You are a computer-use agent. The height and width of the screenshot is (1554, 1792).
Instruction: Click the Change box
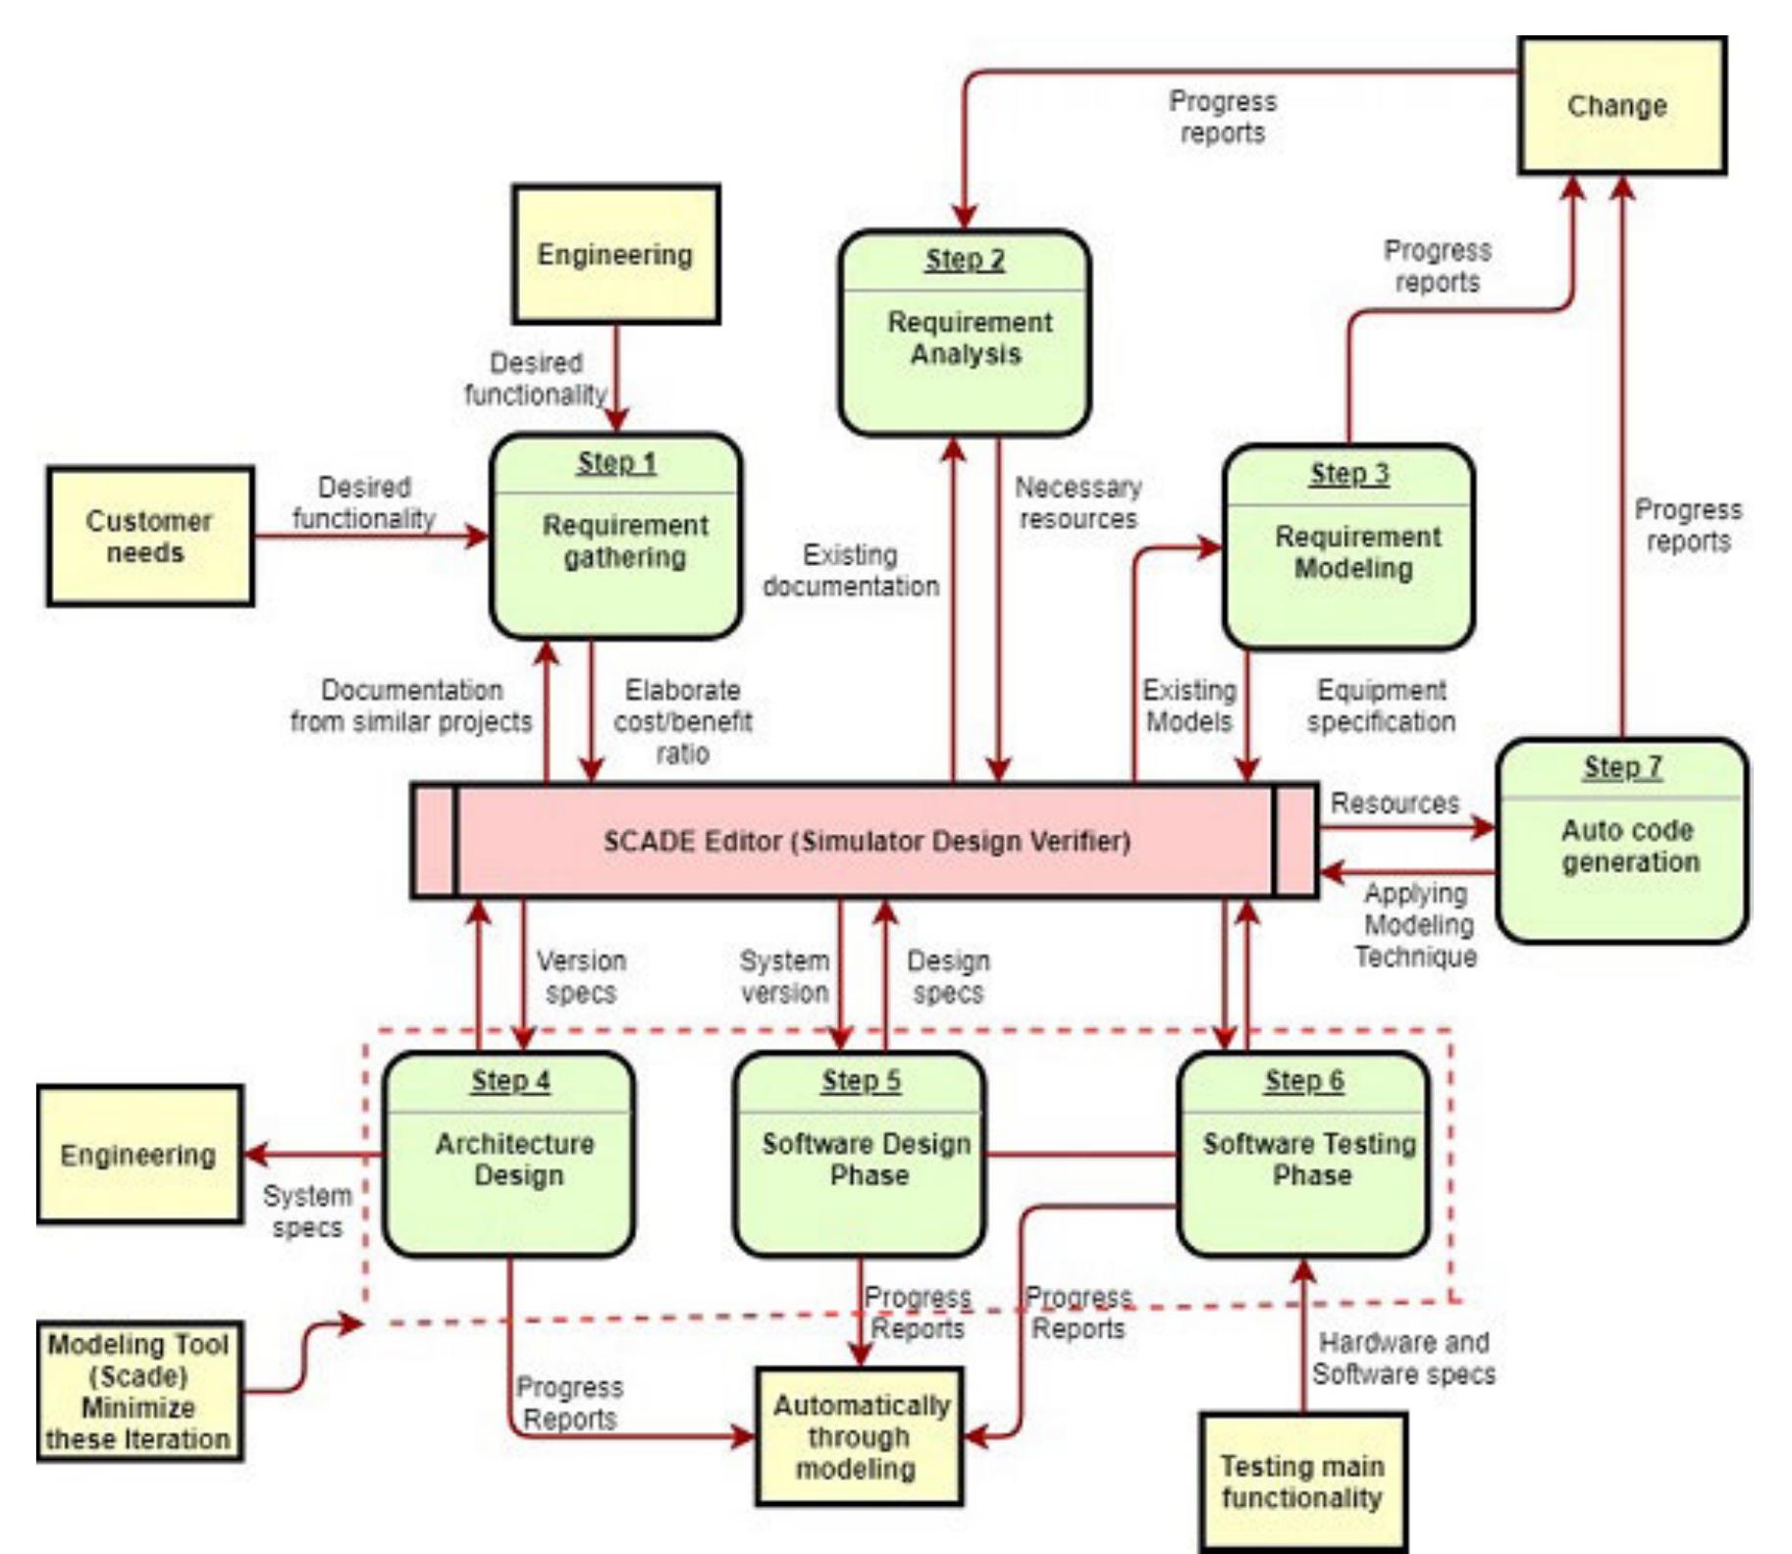click(1621, 106)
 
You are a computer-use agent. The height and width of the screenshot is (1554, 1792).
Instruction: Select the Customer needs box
click(149, 537)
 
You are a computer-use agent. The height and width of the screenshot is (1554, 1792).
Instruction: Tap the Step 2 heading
click(964, 260)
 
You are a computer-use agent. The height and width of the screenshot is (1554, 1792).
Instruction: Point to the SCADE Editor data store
click(865, 841)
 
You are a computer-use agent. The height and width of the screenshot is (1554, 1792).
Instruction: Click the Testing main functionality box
click(1302, 1482)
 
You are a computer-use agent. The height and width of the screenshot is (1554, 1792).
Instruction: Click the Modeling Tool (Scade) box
click(138, 1391)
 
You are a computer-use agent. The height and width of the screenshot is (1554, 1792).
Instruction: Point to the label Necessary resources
click(1078, 503)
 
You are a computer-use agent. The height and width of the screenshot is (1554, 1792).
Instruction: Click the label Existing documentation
click(850, 571)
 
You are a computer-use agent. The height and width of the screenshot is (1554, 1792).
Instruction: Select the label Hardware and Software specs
click(1403, 1359)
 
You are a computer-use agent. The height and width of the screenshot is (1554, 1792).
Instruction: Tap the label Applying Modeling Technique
click(1416, 925)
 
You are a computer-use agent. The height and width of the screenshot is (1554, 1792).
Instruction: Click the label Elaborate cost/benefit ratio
click(683, 722)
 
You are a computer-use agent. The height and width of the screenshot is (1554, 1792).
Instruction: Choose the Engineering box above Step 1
click(615, 255)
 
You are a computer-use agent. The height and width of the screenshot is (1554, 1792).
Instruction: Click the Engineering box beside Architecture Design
click(138, 1155)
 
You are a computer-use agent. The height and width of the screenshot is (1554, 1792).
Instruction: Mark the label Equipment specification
click(1381, 706)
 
